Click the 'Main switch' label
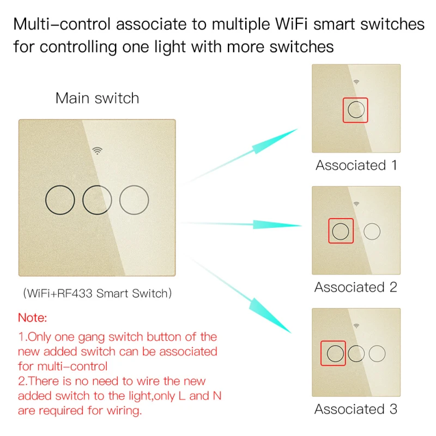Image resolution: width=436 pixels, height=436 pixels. point(97,98)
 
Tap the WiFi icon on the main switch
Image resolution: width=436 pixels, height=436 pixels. point(97,150)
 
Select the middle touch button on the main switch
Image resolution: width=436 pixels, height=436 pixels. point(97,200)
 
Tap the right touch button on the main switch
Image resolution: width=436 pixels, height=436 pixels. point(134,200)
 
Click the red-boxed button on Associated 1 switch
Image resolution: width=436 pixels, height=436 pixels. point(356,110)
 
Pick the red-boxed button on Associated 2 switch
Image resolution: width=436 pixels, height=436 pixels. point(341,232)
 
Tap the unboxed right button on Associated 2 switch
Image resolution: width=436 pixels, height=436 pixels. point(372,232)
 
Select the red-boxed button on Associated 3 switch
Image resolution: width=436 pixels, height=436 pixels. point(334,354)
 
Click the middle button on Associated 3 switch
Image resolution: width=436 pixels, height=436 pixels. point(356,354)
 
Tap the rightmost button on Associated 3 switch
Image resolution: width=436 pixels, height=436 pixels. point(377,354)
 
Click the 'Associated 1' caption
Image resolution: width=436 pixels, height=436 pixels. point(356,165)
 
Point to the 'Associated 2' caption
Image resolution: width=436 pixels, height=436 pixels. point(356,287)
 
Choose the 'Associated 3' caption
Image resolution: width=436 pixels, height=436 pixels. point(356,409)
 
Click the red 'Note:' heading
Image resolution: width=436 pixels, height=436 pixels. point(33,317)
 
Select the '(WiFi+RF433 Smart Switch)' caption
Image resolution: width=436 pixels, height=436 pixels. point(97,293)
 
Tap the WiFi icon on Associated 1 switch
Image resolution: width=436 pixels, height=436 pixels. point(356,82)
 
